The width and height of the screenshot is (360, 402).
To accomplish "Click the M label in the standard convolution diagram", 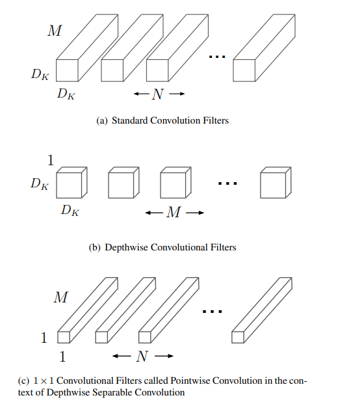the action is [55, 31].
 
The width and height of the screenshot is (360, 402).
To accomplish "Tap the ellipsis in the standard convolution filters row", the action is [217, 57].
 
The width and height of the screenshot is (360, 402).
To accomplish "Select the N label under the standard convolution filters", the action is [157, 94].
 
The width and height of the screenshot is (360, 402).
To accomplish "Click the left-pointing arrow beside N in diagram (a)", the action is [142, 94].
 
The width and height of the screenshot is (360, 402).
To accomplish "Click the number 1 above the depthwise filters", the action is [51, 161].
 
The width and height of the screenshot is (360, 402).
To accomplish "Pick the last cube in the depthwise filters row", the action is [276, 183].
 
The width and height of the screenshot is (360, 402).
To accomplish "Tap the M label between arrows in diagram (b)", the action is [174, 212].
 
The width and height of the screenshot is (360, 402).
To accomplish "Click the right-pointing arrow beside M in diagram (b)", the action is [195, 213].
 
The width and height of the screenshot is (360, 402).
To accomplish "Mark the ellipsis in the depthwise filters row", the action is [227, 183].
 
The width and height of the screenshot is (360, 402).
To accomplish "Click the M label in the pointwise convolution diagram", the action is [60, 297].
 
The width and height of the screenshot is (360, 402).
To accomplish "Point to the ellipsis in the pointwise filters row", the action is [212, 312].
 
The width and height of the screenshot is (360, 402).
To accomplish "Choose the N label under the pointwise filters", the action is [142, 356].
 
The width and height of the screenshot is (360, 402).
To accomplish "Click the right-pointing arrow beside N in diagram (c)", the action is [164, 356].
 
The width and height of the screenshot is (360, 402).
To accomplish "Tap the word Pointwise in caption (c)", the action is [190, 381].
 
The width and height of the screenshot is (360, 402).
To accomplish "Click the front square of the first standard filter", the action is [67, 70].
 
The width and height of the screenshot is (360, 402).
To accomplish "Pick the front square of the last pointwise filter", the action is [238, 337].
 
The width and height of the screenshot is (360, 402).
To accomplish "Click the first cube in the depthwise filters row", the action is [71, 183].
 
